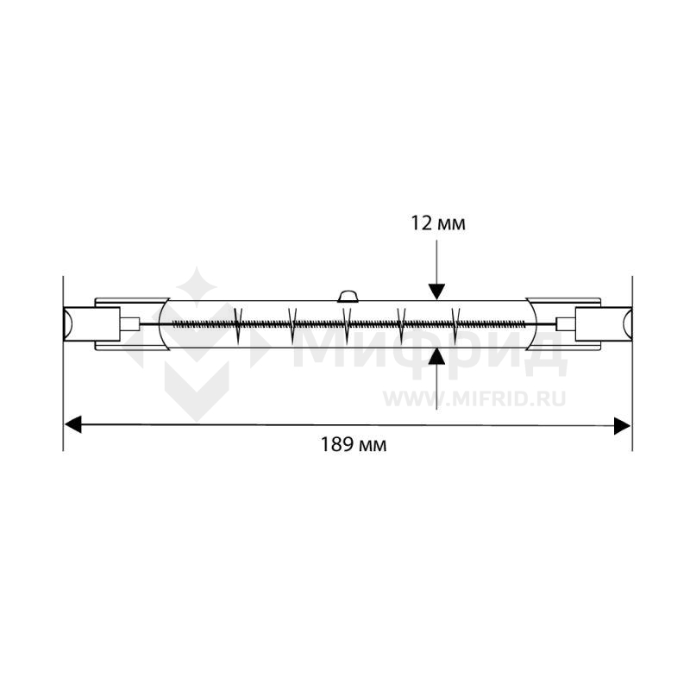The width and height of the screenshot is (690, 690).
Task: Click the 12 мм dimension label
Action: click(438, 223)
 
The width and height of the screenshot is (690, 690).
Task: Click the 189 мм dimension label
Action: click(354, 444)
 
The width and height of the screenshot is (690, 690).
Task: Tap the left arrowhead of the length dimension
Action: click(73, 424)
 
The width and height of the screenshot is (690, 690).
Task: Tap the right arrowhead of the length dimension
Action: click(622, 425)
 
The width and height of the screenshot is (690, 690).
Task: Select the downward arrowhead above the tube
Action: click(436, 292)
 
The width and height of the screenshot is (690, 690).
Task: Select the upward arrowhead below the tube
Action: click(436, 356)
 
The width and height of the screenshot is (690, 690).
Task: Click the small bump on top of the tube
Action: click(348, 296)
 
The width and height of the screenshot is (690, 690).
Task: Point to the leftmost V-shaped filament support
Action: click(238, 326)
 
